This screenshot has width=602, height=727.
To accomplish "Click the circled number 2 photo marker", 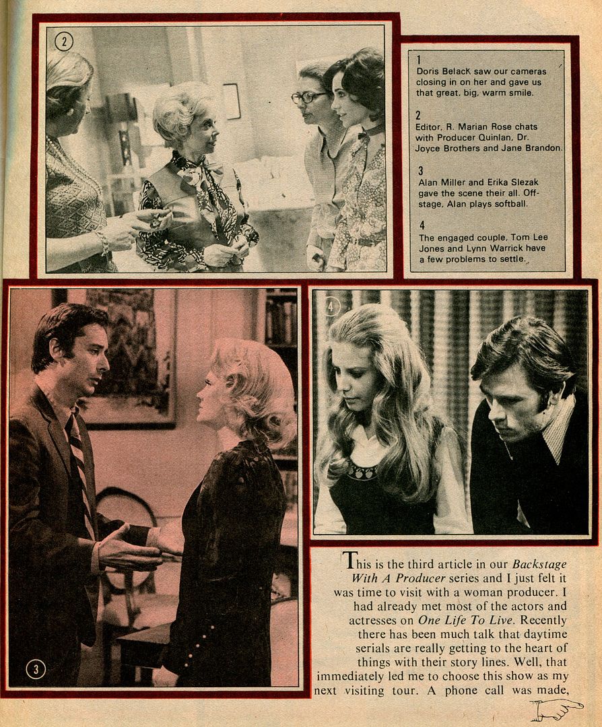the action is coord(64,42).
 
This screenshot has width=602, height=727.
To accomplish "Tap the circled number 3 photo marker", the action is coord(36,668).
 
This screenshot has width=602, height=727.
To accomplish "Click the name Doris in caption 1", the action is coord(427,71).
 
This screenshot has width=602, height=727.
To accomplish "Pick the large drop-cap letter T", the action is coord(350,561).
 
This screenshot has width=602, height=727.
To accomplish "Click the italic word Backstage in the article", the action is coord(539,564).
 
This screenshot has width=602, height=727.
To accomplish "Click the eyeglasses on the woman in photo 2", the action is coord(308,98).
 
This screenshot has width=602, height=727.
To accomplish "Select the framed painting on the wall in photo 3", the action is coord(131,357).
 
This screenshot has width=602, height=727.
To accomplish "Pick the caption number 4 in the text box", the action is coord(422,226).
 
